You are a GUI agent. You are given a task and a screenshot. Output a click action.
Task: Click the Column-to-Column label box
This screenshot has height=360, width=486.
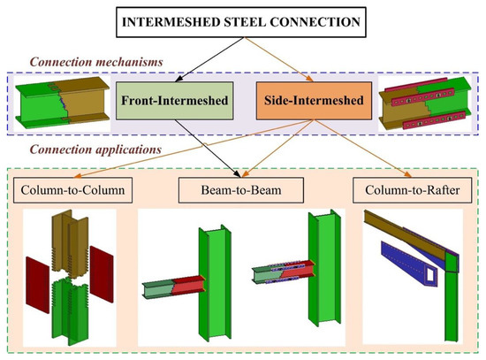pyautogui.click(x=71, y=189)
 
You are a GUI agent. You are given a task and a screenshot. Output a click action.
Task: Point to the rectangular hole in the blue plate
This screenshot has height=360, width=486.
pyautogui.click(x=431, y=277)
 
